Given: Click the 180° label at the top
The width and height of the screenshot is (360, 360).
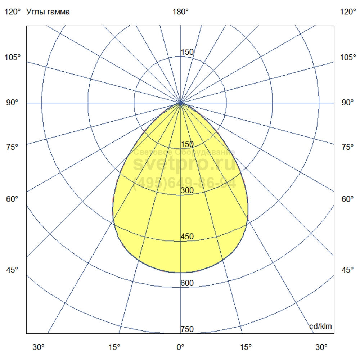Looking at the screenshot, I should (180, 12).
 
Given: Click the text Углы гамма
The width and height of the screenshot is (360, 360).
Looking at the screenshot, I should (48, 12).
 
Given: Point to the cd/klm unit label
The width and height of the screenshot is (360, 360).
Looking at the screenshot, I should (320, 327).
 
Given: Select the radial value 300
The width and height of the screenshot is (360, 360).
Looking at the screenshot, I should (187, 190).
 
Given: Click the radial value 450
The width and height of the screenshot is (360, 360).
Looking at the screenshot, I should (187, 237).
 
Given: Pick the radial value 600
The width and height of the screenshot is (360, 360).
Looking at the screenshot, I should (187, 283).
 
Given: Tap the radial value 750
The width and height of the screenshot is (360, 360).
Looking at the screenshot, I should (187, 329).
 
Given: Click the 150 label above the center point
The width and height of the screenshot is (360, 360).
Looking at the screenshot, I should (187, 52).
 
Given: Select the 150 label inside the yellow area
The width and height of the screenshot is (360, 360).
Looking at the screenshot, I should (187, 144).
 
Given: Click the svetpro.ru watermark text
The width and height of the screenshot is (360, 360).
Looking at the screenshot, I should (184, 165).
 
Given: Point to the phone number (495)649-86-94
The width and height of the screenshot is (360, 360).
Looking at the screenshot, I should (184, 184).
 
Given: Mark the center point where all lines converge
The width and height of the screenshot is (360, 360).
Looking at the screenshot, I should (181, 103).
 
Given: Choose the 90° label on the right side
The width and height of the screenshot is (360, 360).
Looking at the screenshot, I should (347, 103).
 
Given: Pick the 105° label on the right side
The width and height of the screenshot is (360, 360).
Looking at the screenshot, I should (347, 58).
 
